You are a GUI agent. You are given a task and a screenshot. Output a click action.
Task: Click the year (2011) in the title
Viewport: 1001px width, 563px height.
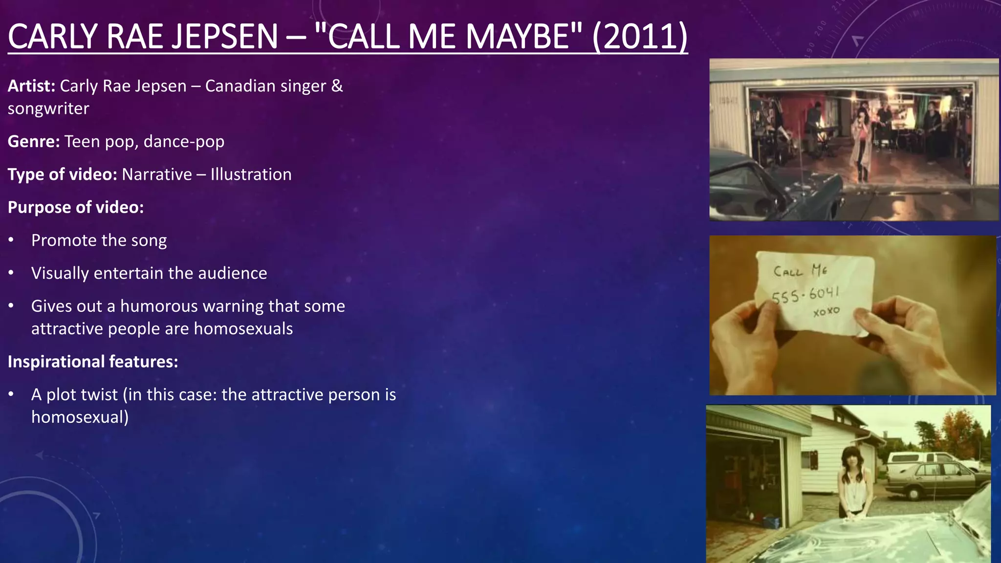(640, 37)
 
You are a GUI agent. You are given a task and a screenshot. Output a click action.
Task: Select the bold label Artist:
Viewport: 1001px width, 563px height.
(31, 86)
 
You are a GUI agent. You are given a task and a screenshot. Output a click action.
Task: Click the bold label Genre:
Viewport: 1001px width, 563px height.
(34, 142)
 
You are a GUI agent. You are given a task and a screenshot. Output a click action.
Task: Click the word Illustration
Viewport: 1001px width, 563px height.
(251, 174)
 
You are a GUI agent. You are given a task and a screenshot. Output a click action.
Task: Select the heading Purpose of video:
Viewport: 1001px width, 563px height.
(76, 207)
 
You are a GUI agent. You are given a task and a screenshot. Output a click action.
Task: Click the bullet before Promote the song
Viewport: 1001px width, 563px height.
(11, 240)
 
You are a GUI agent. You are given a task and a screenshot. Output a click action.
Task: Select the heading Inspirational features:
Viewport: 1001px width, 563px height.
(93, 362)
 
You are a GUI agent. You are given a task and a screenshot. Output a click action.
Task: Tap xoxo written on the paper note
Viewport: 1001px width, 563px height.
(826, 311)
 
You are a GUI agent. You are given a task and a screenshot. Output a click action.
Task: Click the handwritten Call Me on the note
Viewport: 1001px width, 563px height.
(800, 270)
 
